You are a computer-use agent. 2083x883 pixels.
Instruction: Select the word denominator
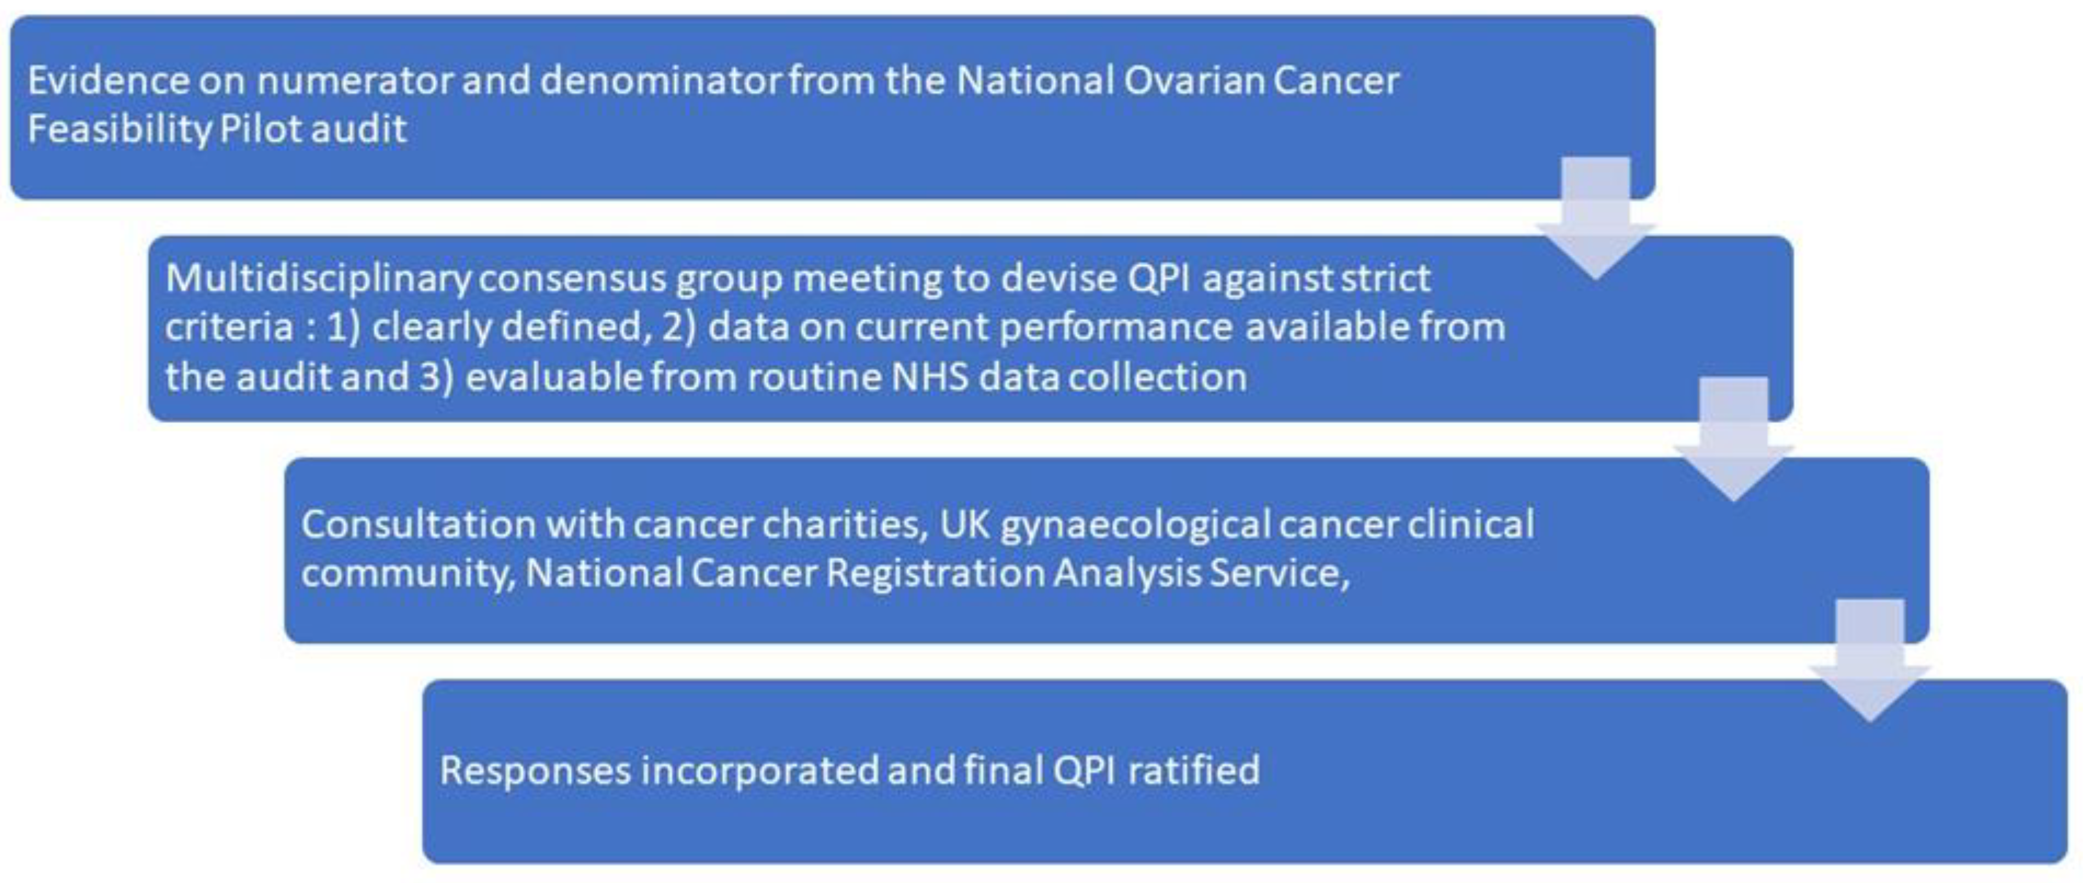[660, 81]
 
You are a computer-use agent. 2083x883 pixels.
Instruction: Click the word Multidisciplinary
[318, 279]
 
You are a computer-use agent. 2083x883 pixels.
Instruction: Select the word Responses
[535, 771]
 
